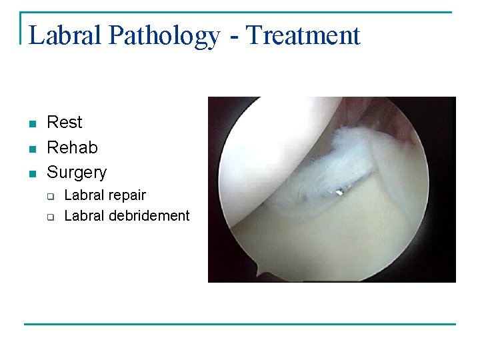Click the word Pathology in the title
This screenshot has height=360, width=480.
tap(163, 36)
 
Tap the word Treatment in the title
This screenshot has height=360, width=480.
tap(303, 35)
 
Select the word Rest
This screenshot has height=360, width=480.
tap(65, 123)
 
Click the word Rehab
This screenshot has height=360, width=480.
tap(72, 147)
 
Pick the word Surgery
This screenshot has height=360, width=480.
tap(77, 173)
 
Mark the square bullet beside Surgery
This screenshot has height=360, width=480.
tap(31, 173)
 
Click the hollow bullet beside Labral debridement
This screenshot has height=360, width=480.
tap(51, 217)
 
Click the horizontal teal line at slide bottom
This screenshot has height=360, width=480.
tap(240, 325)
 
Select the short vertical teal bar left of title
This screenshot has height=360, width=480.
tap(21, 28)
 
